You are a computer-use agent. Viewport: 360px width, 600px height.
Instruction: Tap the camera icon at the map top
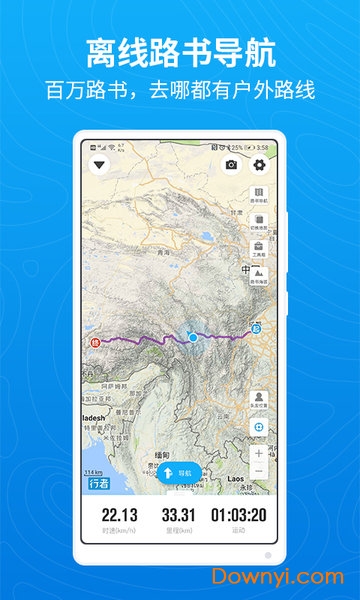(232, 165)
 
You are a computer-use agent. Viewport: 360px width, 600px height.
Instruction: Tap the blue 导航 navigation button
(179, 472)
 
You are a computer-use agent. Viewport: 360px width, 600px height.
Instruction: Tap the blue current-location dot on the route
(193, 338)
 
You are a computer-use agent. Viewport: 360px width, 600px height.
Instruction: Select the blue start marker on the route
(256, 329)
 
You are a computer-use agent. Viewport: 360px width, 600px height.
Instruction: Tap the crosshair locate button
(259, 426)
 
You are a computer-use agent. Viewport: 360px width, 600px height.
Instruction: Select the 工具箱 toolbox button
(259, 249)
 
